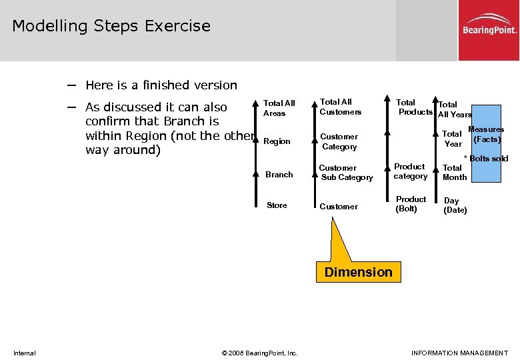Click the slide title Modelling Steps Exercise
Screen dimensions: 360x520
point(111,26)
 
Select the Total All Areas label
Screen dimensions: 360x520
point(279,108)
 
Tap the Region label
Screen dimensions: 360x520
point(277,141)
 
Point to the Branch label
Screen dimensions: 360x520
point(279,175)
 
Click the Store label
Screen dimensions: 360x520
point(277,205)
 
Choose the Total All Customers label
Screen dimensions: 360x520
point(340,107)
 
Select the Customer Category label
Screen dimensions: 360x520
point(339,141)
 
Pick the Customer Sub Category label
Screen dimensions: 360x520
point(346,173)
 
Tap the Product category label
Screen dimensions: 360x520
point(410,171)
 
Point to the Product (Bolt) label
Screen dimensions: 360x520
point(411,204)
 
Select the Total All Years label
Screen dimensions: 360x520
point(453,109)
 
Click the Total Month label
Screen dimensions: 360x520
point(455,173)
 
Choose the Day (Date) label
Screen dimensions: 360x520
point(455,205)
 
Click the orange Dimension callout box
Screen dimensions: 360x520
point(359,272)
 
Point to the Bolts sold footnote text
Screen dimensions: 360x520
point(486,159)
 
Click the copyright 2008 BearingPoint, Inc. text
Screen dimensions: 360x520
point(260,353)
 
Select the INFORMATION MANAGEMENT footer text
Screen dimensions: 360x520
point(459,353)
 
